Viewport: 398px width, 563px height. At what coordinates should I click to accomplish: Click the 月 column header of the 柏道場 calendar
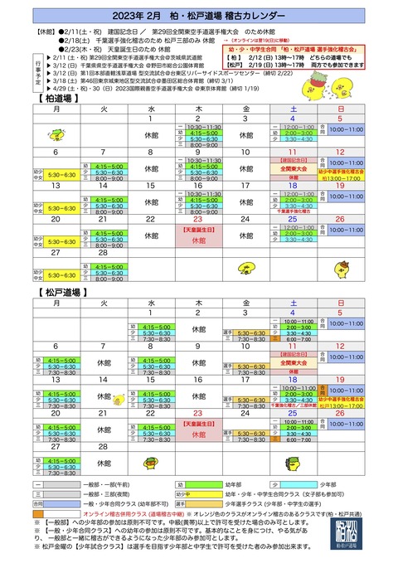pyautogui.click(x=56, y=109)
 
